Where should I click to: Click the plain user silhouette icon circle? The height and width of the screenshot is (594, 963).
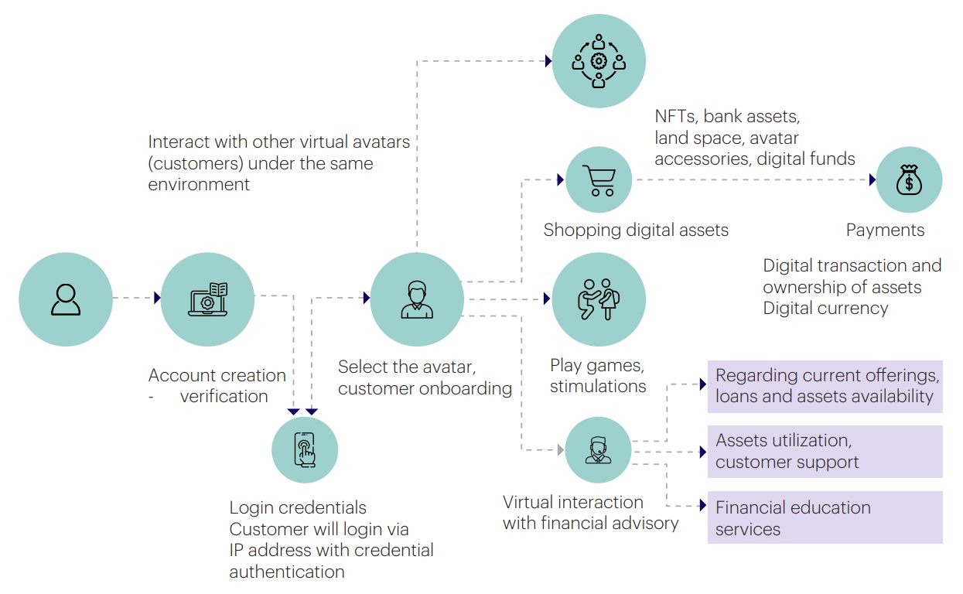pyautogui.click(x=66, y=299)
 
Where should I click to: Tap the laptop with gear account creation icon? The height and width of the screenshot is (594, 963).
pyautogui.click(x=207, y=299)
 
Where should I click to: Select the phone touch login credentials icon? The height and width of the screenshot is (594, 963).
pyautogui.click(x=305, y=450)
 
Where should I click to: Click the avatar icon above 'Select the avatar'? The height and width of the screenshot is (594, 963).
pyautogui.click(x=417, y=299)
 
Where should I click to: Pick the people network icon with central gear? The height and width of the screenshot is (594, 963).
pyautogui.click(x=598, y=61)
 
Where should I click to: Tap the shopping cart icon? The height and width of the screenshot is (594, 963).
pyautogui.click(x=599, y=180)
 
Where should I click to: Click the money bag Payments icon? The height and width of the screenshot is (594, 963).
pyautogui.click(x=909, y=180)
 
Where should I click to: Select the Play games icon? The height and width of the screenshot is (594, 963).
pyautogui.click(x=598, y=299)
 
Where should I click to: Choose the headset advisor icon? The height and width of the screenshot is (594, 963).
pyautogui.click(x=598, y=450)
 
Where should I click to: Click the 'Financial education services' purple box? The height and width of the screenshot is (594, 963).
pyautogui.click(x=825, y=518)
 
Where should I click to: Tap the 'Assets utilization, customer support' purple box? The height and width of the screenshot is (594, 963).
pyautogui.click(x=825, y=451)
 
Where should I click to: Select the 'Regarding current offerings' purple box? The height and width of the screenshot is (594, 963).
pyautogui.click(x=825, y=386)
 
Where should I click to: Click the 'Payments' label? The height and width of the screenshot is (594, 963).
pyautogui.click(x=885, y=230)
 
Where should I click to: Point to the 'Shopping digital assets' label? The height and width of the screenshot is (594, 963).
pyautogui.click(x=636, y=230)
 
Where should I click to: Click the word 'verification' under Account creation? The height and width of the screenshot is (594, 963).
pyautogui.click(x=224, y=397)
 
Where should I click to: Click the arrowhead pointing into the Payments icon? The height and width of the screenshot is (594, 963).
pyautogui.click(x=872, y=180)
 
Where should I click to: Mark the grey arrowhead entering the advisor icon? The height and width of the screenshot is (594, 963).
pyautogui.click(x=559, y=449)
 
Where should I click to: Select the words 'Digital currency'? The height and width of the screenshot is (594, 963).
pyautogui.click(x=825, y=309)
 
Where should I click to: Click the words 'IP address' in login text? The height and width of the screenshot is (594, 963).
pyautogui.click(x=268, y=551)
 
